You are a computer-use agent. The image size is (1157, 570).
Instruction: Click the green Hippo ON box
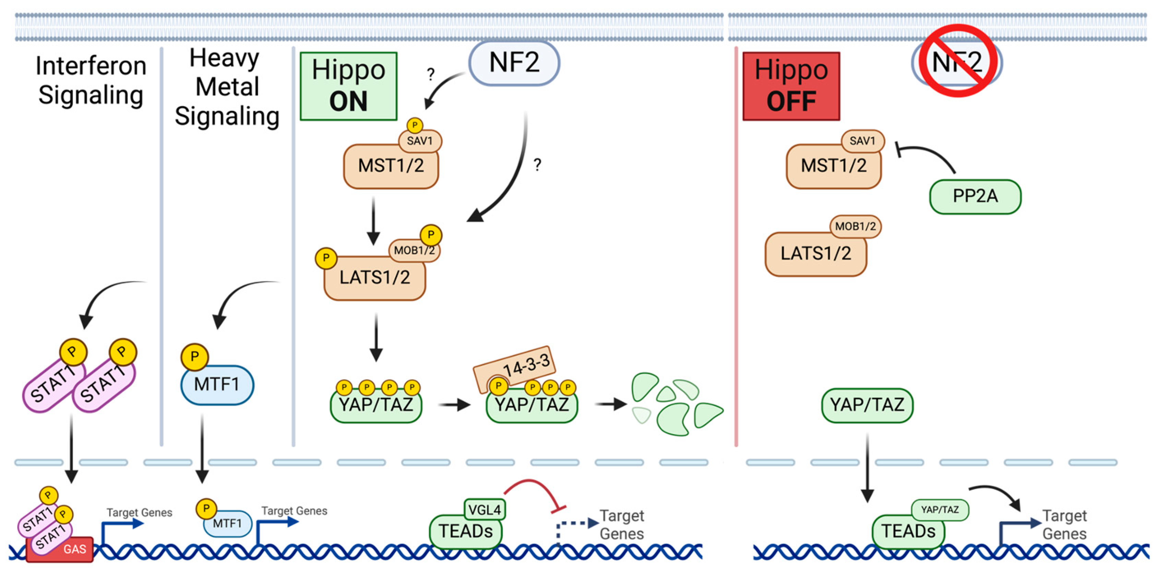click(348, 86)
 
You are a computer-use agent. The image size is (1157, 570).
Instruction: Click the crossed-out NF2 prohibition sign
click(957, 61)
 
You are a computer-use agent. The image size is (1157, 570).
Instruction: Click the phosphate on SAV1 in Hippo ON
click(415, 125)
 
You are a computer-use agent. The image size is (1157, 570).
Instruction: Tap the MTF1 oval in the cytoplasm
click(217, 385)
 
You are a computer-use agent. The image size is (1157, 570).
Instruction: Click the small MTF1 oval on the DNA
click(228, 523)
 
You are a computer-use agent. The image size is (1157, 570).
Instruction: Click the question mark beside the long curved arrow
click(537, 165)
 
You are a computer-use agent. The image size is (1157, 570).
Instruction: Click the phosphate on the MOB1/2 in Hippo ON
click(431, 235)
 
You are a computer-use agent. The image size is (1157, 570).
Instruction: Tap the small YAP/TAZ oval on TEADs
click(939, 510)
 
